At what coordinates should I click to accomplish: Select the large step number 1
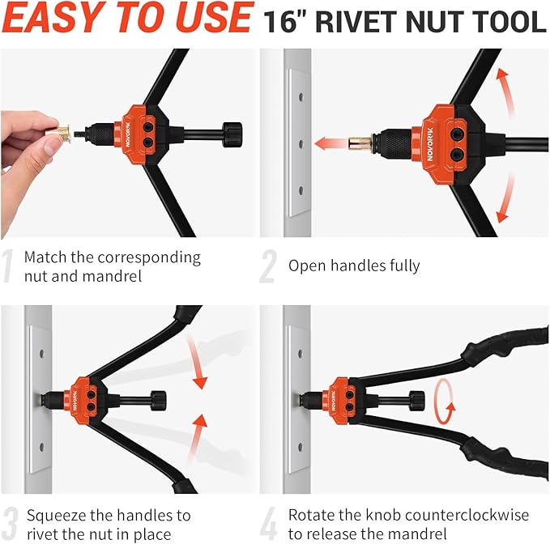click(x=9, y=268)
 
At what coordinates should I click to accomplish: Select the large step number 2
click(x=268, y=268)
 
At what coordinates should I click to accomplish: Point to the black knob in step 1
click(x=232, y=132)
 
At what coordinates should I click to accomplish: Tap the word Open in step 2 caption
click(x=306, y=265)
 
